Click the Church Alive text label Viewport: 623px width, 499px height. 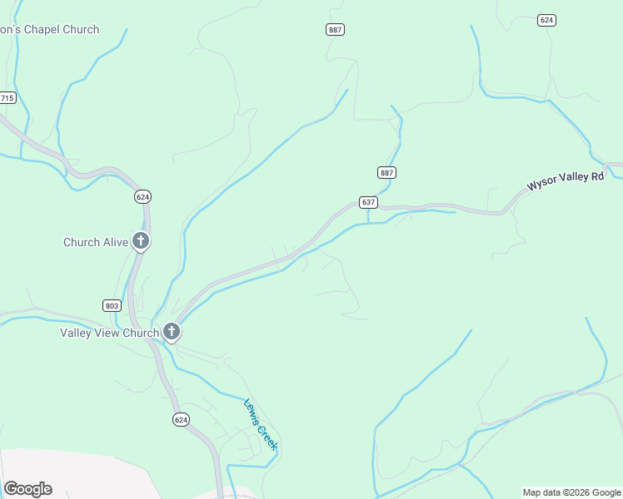pyautogui.click(x=96, y=242)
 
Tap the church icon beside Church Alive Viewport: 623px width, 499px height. pyautogui.click(x=141, y=242)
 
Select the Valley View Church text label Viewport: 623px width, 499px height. pyautogui.click(x=109, y=333)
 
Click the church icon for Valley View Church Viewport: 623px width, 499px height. pyautogui.click(x=172, y=333)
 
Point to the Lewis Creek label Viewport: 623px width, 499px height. pyautogui.click(x=260, y=425)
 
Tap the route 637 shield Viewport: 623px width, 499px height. pyautogui.click(x=368, y=202)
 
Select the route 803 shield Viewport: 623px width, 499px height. pyautogui.click(x=112, y=305)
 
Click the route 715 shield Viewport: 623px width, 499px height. pyautogui.click(x=7, y=98)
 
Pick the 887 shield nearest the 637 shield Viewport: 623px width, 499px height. pyautogui.click(x=386, y=172)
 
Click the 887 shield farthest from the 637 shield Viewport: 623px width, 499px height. pyautogui.click(x=335, y=29)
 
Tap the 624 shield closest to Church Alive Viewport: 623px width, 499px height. pyautogui.click(x=142, y=197)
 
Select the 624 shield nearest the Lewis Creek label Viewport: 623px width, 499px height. pyautogui.click(x=181, y=420)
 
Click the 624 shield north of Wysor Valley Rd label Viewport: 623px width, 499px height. pyautogui.click(x=546, y=20)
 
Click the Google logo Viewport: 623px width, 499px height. pyautogui.click(x=27, y=489)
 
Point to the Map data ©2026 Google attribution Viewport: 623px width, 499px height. pyautogui.click(x=571, y=492)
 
